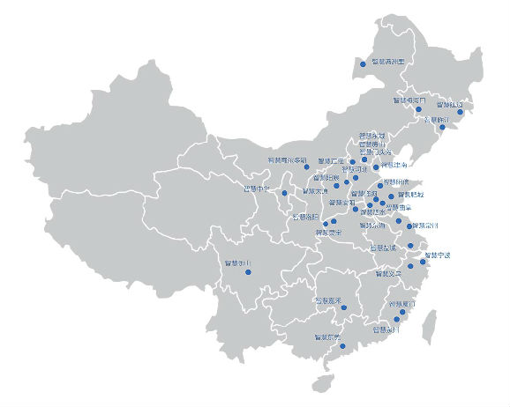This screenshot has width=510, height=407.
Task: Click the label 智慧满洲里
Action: coord(387,62)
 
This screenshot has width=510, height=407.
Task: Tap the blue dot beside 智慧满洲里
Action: coord(362,63)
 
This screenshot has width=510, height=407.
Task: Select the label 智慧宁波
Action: coord(438,255)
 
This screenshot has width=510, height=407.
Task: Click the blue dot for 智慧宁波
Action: coord(423,262)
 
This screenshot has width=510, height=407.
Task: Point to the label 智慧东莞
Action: coord(327,336)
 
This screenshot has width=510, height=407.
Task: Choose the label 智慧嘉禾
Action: coord(330,300)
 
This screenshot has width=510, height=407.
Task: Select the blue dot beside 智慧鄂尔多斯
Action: coord(307,166)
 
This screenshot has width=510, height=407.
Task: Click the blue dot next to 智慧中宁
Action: coord(284,192)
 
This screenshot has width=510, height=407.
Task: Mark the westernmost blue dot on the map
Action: coord(248,272)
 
